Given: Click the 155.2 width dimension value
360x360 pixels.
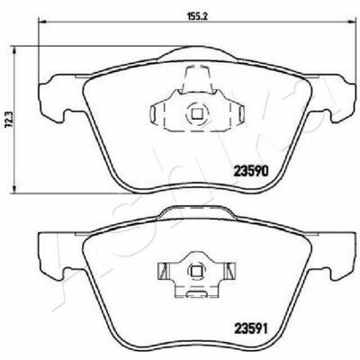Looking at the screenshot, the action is pyautogui.click(x=198, y=16).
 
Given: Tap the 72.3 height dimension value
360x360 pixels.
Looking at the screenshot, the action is pyautogui.click(x=8, y=120).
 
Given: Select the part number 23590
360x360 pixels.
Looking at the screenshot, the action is pyautogui.click(x=250, y=172).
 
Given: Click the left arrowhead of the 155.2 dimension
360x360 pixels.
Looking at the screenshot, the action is pyautogui.click(x=42, y=22).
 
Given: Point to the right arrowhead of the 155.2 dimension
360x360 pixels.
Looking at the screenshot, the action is pyautogui.click(x=352, y=22).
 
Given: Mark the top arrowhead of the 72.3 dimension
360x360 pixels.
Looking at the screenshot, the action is pyautogui.click(x=13, y=49).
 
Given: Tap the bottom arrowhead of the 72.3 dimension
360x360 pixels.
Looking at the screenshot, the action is pyautogui.click(x=13, y=188).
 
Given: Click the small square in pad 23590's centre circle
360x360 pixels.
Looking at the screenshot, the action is pyautogui.click(x=197, y=114).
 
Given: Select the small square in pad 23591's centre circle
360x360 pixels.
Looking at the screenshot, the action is pyautogui.click(x=196, y=271).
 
